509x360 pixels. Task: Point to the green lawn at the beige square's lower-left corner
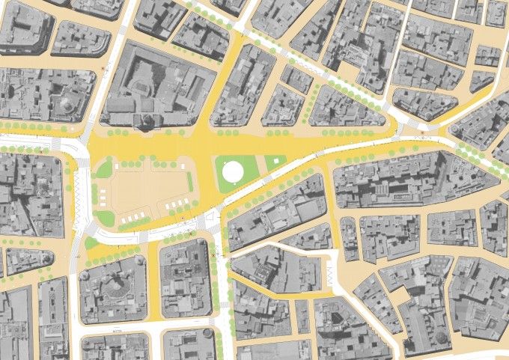pos(105,218)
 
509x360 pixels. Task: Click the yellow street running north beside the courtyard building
pos(225,82)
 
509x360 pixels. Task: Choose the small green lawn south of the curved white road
pos(91,242)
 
